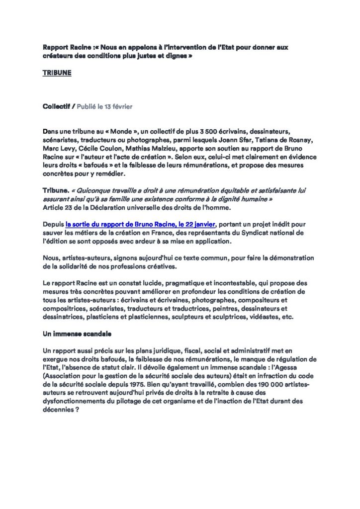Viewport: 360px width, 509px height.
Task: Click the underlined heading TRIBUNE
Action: pos(57,73)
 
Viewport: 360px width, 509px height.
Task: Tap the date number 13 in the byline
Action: pos(110,106)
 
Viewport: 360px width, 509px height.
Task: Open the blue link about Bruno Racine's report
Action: pos(141,224)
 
